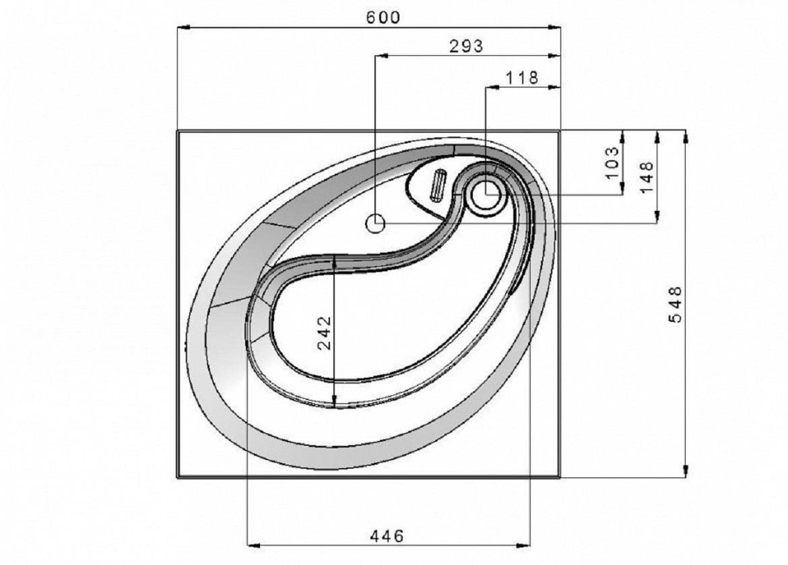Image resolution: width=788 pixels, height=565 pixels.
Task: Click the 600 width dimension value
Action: [383, 18]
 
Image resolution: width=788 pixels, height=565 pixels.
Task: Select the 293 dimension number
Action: [466, 46]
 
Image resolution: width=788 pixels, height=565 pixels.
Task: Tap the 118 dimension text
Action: [522, 78]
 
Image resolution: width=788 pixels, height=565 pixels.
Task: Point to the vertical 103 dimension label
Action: [612, 162]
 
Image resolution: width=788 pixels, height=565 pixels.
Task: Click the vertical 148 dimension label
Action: [647, 176]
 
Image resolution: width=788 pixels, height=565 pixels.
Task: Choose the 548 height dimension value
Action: [676, 304]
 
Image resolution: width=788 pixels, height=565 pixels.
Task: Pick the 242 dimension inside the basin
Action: [325, 332]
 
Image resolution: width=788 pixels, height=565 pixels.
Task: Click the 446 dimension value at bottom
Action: [387, 536]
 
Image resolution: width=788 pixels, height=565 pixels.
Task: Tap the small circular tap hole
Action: [375, 223]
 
